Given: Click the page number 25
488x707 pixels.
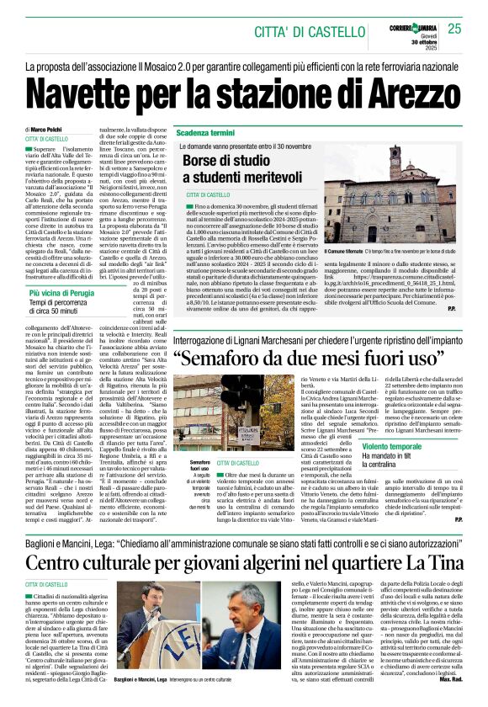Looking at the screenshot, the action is [x=454, y=29].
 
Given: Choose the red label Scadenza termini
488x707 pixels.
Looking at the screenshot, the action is [x=205, y=133].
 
